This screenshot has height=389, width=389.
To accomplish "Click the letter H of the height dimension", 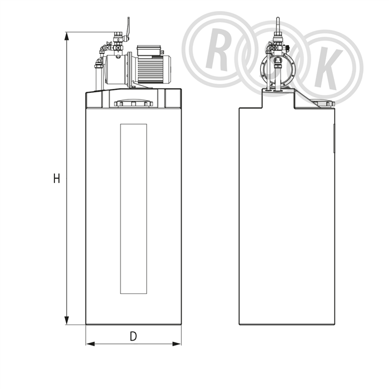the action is tap(57, 178).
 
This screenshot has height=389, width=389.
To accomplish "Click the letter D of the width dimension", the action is tap(133, 336).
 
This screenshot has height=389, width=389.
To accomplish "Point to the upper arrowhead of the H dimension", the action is tap(67, 36).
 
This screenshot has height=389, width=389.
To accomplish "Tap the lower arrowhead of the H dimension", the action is tap(67, 320).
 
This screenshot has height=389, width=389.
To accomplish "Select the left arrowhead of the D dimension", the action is tap(90, 344).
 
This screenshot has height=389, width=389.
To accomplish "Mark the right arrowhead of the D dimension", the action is tap(177, 344).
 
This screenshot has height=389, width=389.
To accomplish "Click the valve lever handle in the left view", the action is tap(128, 28).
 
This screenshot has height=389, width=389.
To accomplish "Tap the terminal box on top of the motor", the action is tap(149, 51).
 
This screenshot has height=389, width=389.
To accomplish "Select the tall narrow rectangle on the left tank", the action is tap(133, 209).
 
